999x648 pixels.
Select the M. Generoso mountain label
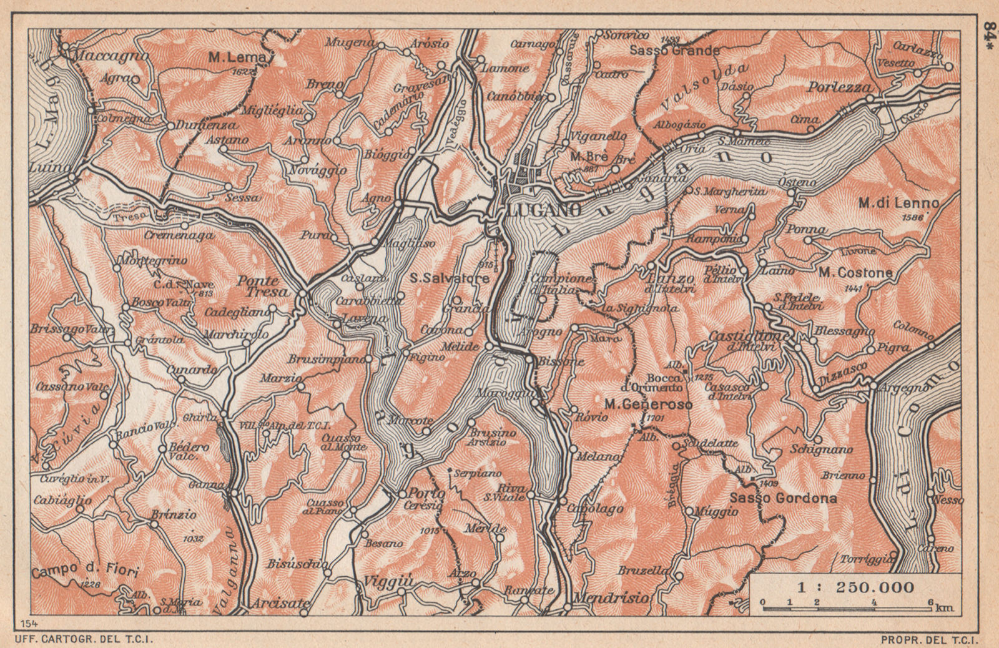pyautogui.click(x=648, y=405)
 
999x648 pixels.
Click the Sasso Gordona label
pyautogui.click(x=783, y=499)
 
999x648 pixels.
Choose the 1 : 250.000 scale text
pyautogui.click(x=855, y=587)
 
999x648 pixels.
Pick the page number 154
pyautogui.click(x=29, y=624)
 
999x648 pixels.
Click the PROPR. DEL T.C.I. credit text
pyautogui.click(x=930, y=639)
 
